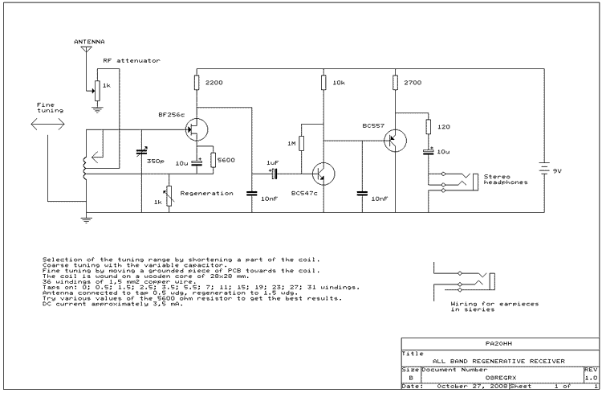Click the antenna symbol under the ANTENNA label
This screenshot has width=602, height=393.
tap(87, 49)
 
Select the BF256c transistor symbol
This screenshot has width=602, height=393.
tap(196, 129)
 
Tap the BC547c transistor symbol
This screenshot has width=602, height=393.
tap(323, 174)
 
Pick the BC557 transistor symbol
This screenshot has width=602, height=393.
tap(395, 141)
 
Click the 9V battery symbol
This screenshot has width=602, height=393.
tap(544, 169)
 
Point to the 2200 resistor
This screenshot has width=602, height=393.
tap(197, 82)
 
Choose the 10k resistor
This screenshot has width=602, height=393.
tap(323, 82)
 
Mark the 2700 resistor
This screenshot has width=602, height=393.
tap(395, 82)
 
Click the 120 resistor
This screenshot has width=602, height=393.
tap(428, 126)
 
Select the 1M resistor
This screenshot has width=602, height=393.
tap(301, 143)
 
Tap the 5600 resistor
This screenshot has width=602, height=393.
tap(213, 160)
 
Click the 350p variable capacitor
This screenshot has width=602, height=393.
tap(141, 152)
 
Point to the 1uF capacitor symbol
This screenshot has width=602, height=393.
tap(275, 174)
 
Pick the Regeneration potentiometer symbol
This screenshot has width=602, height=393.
tap(169, 196)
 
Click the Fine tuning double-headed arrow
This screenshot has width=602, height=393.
tap(47, 124)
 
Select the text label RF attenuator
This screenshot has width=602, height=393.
tap(132, 60)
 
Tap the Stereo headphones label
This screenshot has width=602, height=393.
tap(506, 179)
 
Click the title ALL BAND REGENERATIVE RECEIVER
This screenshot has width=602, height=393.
tap(498, 361)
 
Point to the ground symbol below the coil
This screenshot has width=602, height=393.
tap(87, 220)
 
